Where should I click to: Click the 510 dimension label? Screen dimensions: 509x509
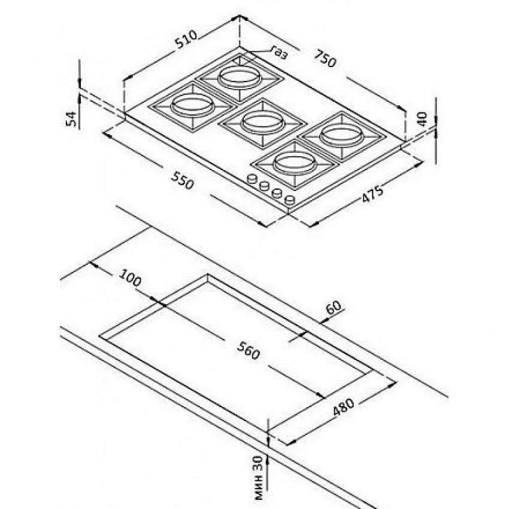click(186, 40)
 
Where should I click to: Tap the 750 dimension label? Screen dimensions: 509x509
click(325, 59)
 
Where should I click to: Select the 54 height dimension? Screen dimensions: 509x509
click(71, 119)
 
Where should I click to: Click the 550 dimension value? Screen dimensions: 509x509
click(183, 180)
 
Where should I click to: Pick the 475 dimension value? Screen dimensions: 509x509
click(372, 194)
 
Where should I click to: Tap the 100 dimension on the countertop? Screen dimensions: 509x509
click(130, 278)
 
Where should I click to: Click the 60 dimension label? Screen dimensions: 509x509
click(334, 308)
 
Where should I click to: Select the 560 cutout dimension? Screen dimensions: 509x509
click(249, 351)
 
